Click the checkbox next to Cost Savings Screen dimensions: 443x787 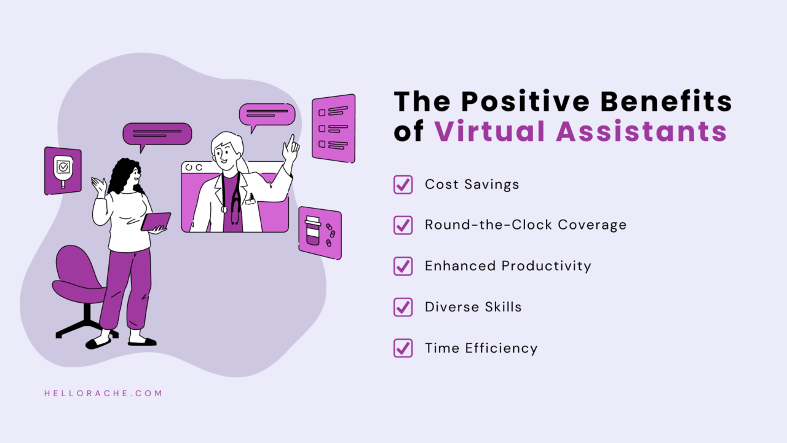[403, 185]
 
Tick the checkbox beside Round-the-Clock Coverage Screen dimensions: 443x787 [403, 225]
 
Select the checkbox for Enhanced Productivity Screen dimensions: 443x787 [403, 266]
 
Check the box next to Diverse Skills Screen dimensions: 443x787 [403, 307]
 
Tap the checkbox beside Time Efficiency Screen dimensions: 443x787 [403, 348]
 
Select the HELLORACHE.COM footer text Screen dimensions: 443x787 [103, 393]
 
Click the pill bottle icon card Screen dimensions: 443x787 [319, 233]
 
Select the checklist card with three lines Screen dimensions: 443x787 [333, 128]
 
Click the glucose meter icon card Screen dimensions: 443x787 [63, 170]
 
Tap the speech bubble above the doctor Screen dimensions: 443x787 [267, 114]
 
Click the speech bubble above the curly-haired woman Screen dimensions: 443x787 [157, 134]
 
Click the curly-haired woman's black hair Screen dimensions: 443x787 [123, 175]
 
